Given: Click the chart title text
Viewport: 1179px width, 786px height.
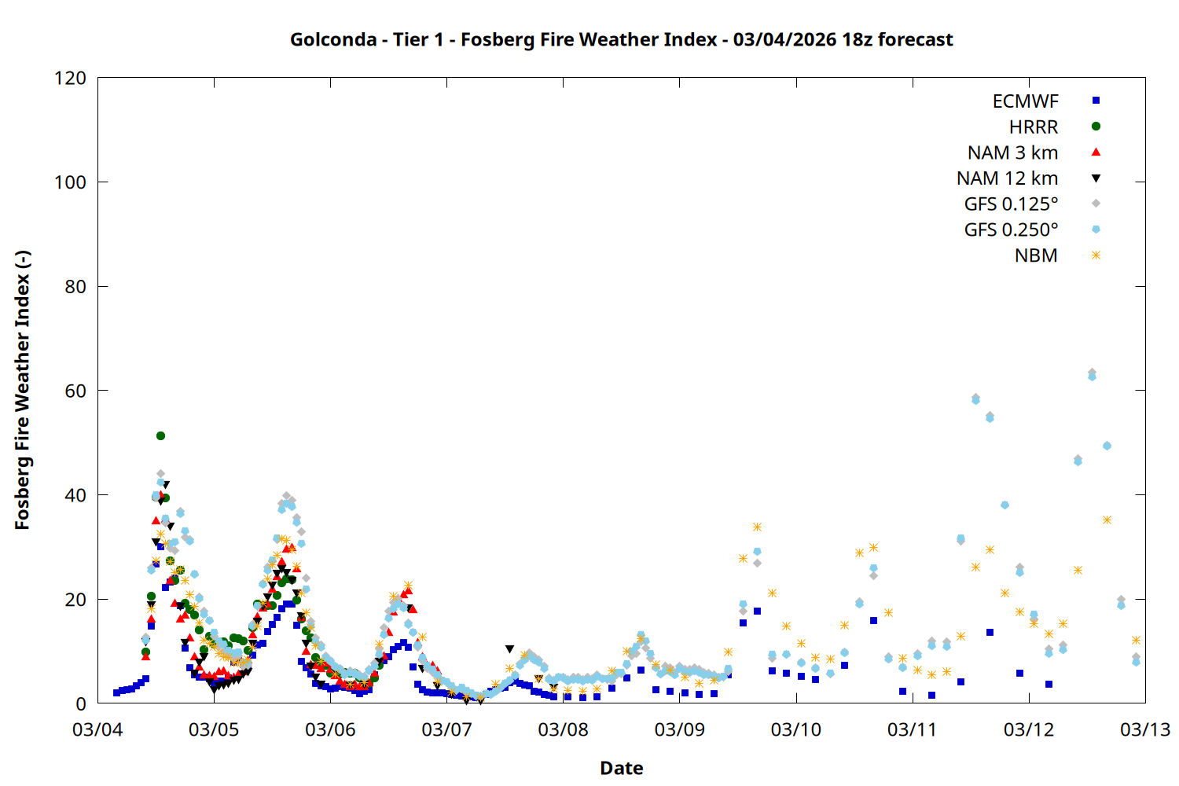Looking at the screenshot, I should click(621, 39).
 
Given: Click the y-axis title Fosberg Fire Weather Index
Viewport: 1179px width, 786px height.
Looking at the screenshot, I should click(22, 391).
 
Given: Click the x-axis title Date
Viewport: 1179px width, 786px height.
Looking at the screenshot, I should click(621, 768).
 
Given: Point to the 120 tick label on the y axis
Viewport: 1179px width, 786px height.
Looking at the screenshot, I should click(70, 78).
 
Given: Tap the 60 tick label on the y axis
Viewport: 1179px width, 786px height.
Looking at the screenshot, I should click(75, 391).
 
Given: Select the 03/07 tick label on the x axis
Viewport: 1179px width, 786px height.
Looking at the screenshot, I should click(446, 729).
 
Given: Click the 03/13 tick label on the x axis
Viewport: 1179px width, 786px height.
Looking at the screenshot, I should click(1144, 729).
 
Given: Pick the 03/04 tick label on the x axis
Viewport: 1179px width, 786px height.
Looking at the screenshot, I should click(97, 729).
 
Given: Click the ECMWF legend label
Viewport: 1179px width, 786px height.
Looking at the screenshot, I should click(1025, 101).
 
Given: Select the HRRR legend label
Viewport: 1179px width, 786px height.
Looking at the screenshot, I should click(1034, 127).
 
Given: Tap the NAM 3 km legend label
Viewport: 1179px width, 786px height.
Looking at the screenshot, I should click(1012, 152).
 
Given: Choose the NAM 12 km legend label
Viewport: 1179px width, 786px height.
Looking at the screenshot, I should click(1007, 178).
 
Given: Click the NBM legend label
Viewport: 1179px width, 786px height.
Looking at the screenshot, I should click(1036, 255).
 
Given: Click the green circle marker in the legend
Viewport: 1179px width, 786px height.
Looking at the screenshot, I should click(1096, 127).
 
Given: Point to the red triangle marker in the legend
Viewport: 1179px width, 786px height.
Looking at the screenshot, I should click(1096, 152).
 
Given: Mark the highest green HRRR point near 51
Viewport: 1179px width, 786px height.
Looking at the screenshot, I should click(160, 435).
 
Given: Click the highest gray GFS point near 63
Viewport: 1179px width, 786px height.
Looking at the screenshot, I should click(1092, 373).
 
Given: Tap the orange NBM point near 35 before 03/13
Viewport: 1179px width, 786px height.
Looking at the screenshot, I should click(1107, 520).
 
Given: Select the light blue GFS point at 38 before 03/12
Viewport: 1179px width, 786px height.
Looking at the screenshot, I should click(1005, 505).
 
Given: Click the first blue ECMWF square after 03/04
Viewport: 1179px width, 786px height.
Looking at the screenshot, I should click(116, 692).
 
